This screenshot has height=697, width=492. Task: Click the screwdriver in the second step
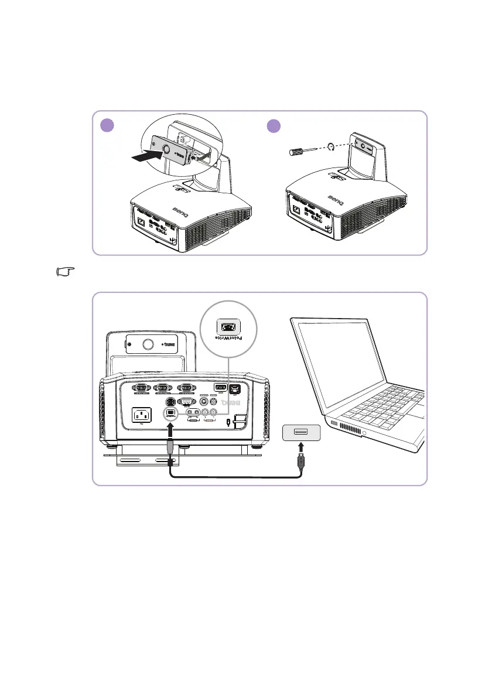[302, 151]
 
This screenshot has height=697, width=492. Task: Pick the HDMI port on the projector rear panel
[221, 387]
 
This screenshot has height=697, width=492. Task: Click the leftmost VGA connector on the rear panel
[141, 387]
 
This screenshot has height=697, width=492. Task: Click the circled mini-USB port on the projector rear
[170, 413]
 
